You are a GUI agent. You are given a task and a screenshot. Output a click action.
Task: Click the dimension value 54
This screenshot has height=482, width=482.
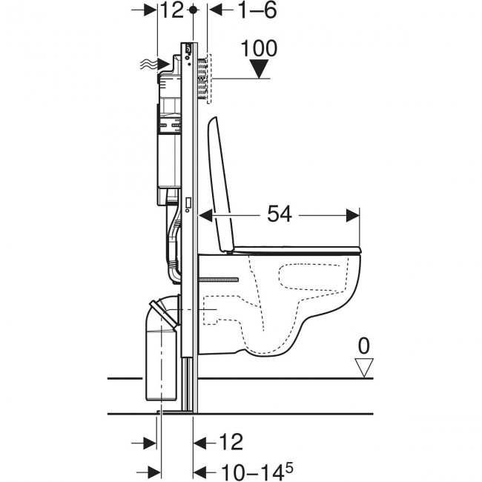coord(279,214)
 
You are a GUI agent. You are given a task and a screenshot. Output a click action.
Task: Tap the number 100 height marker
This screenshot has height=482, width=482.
coord(259,48)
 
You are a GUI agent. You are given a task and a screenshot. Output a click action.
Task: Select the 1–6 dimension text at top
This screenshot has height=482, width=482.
coord(257,10)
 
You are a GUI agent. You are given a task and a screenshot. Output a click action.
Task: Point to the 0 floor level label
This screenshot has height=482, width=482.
coord(363,346)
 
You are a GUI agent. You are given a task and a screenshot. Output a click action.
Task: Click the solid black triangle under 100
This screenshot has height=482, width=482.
coord(259,69)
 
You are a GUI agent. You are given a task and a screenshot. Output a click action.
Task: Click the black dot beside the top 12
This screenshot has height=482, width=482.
coord(193,10)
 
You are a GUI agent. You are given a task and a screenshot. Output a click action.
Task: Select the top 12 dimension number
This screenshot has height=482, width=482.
coord(172,10)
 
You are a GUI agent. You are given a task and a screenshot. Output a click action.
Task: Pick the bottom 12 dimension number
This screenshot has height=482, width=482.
coord(231,442)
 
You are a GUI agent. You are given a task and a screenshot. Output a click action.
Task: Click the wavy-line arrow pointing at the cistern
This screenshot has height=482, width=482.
coord(155,64)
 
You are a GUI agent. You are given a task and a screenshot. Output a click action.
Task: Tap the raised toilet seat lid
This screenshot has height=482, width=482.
coord(221,185)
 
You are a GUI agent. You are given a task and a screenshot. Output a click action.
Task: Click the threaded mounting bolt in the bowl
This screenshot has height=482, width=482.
coord(219,280)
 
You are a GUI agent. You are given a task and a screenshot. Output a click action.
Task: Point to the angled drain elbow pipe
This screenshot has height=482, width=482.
coord(164,311)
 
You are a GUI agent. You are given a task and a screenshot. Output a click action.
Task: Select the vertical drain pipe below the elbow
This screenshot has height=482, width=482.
coord(161,365)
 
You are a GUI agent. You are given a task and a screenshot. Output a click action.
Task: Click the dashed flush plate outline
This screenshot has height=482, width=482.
coord(209,79)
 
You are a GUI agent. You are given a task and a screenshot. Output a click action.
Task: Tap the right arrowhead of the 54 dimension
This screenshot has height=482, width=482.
coord(353,215)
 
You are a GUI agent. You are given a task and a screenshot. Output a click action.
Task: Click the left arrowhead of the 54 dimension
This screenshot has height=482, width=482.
coord(205,215)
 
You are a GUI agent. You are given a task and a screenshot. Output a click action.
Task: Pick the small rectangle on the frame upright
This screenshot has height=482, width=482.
coord(188,202)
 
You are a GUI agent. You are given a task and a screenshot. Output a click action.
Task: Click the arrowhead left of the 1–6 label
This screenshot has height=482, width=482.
coord(216,10)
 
